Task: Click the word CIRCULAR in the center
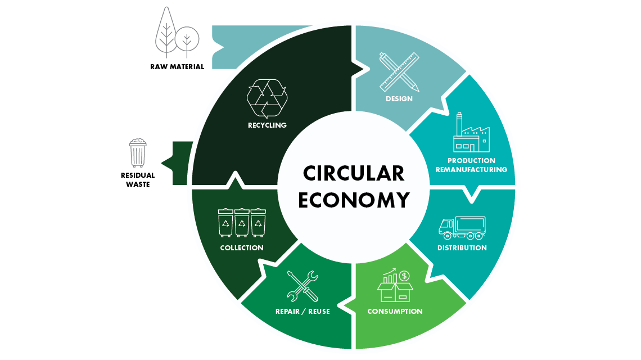(354, 173)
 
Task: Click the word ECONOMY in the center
(354, 200)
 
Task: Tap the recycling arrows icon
(267, 98)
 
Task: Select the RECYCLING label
(267, 125)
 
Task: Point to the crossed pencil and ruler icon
(399, 71)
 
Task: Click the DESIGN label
(399, 98)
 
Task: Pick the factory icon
(471, 132)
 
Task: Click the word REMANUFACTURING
(471, 169)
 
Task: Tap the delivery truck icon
(462, 228)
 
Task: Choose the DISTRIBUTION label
(462, 248)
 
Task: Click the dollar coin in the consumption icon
(404, 276)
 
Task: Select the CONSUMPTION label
(395, 311)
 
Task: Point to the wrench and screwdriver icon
(303, 286)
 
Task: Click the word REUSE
(319, 311)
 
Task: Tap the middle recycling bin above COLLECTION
(242, 223)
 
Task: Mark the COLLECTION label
(242, 248)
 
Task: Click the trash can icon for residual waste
(138, 153)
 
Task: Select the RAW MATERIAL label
(177, 67)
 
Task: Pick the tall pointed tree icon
(166, 32)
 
